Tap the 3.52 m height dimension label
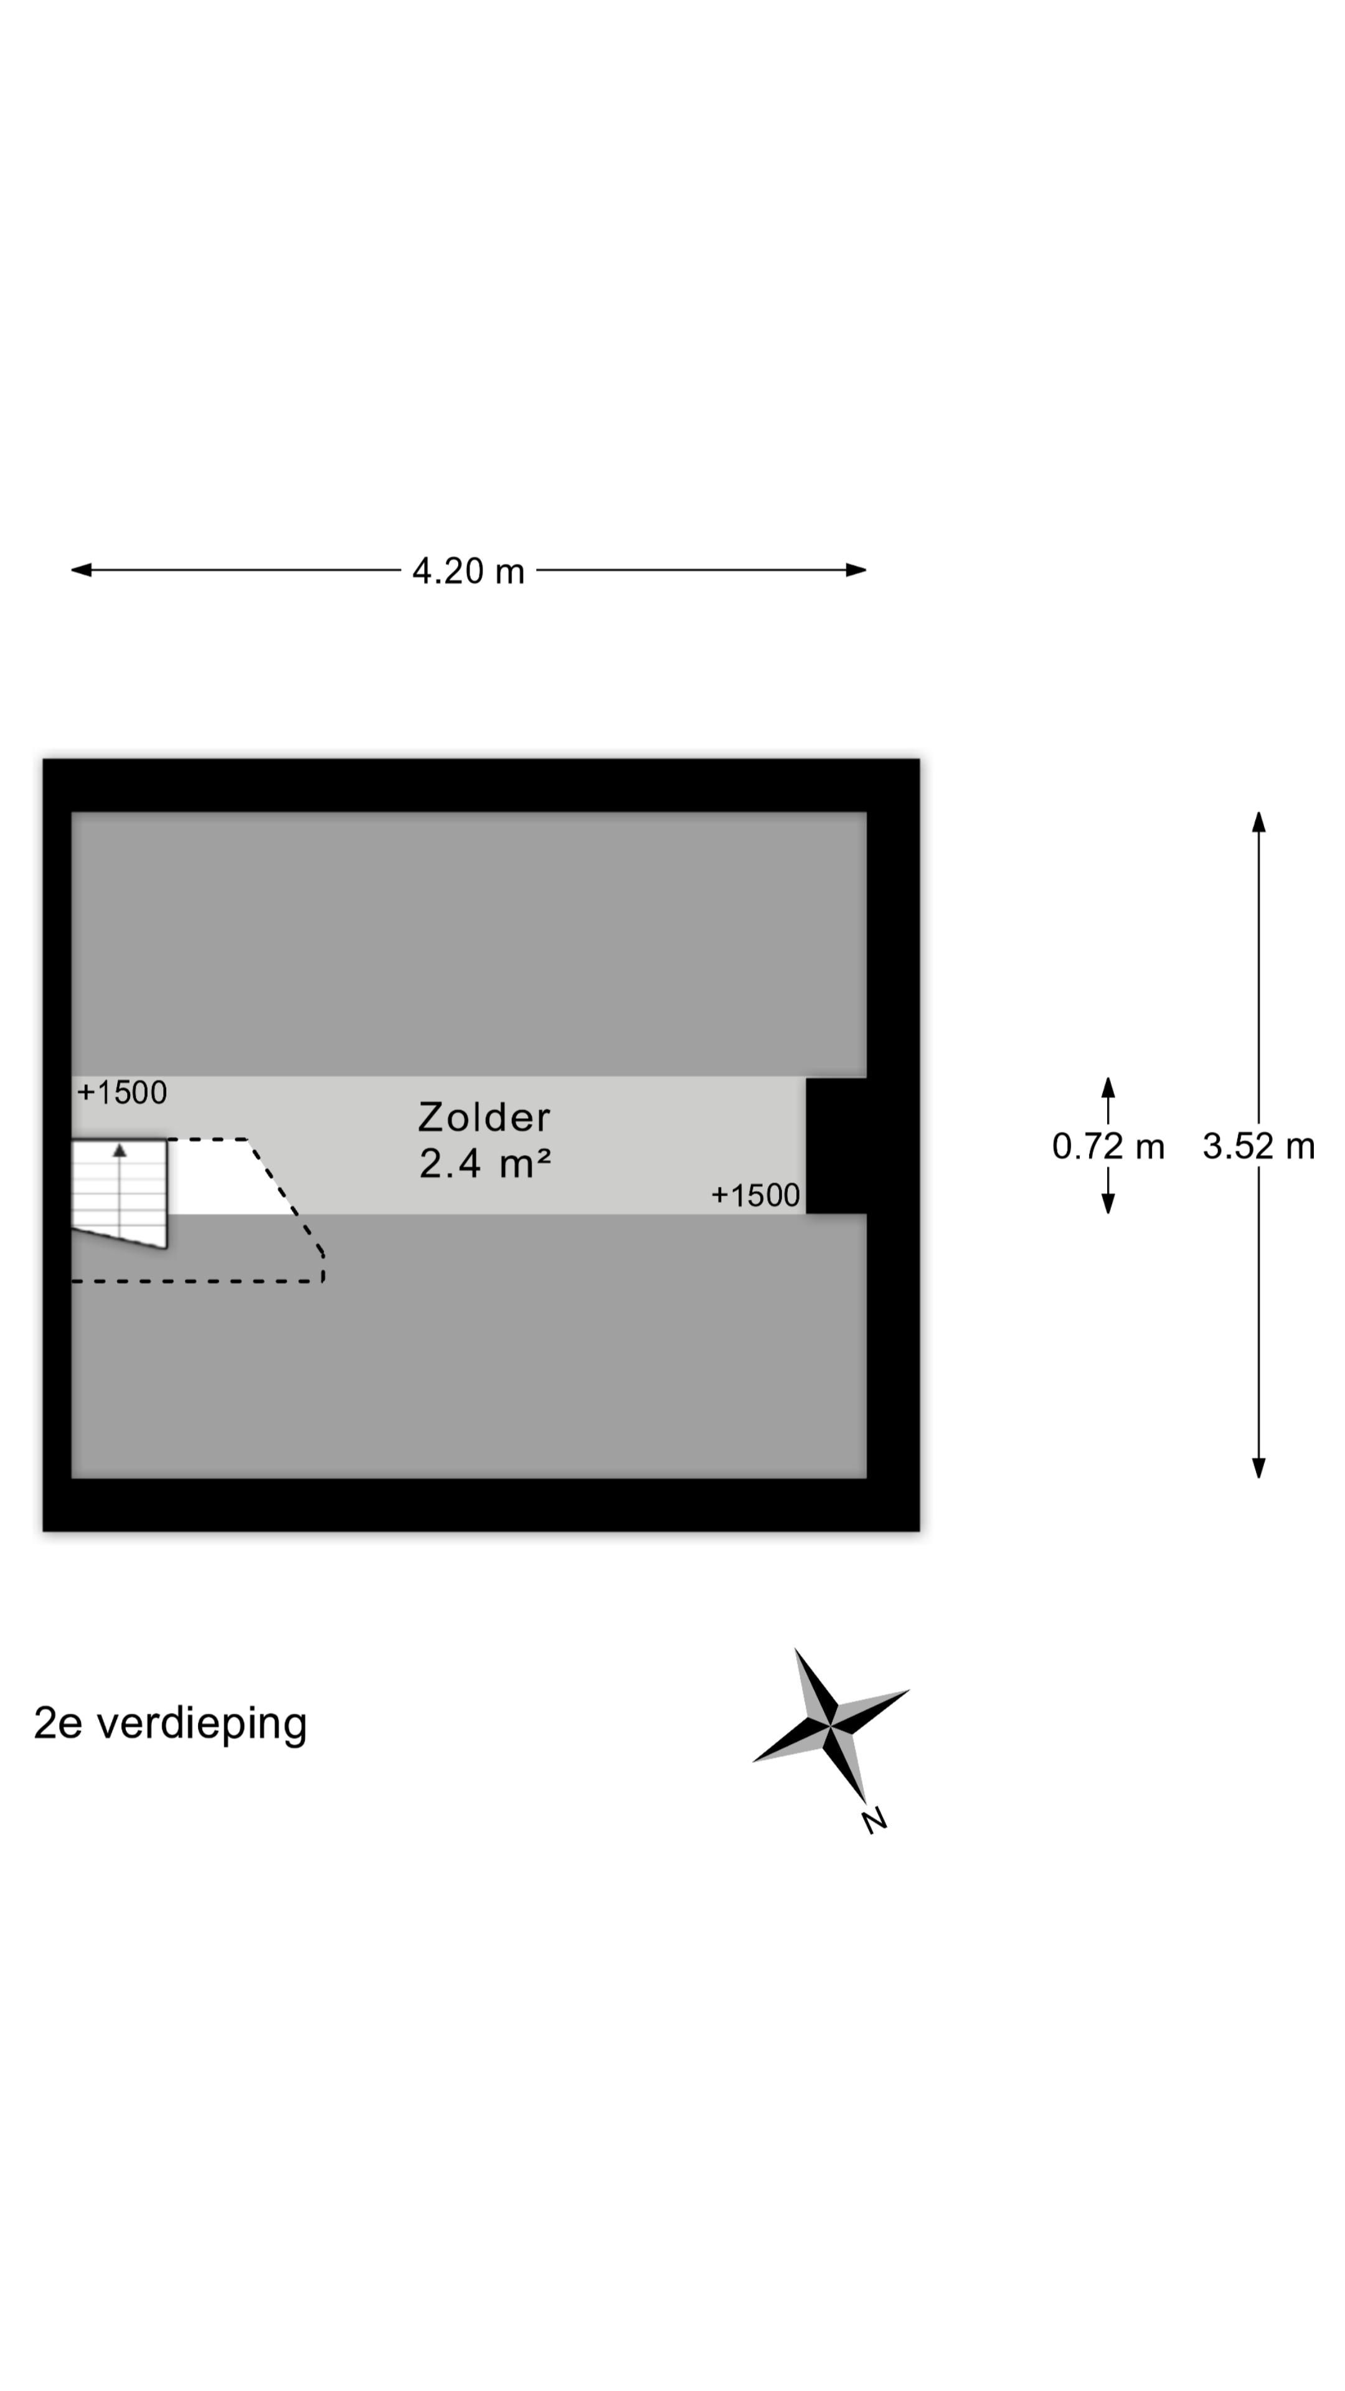1258,1146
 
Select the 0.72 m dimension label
1107,1146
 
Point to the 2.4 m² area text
484,1163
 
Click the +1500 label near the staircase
121,1093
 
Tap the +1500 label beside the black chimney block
755,1195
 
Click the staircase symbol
120,1194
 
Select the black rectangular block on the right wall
836,1146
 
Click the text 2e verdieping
170,1724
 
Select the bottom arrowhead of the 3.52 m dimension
1258,1468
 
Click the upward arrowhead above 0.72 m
1107,1088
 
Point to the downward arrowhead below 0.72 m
1107,1203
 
